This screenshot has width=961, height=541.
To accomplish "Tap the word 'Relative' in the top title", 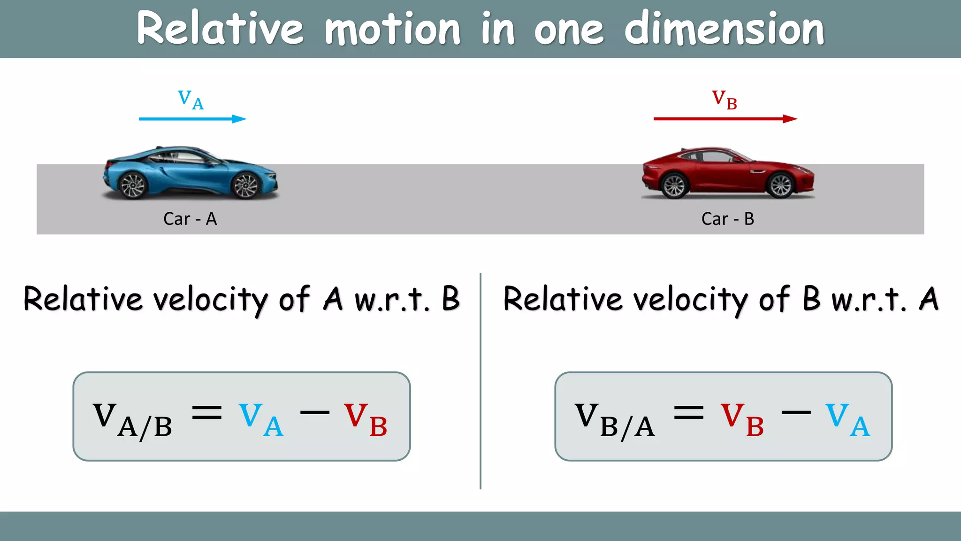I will pyautogui.click(x=220, y=29).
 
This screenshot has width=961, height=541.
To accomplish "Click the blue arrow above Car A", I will pyautogui.click(x=192, y=119).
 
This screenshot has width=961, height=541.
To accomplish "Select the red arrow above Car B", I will pyautogui.click(x=725, y=119).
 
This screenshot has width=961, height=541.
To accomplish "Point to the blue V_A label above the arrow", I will pyautogui.click(x=191, y=100).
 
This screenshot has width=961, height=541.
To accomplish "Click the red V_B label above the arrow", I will pyautogui.click(x=725, y=100).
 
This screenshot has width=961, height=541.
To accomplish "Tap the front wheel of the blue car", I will pyautogui.click(x=246, y=185).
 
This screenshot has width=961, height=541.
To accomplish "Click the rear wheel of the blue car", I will pyautogui.click(x=133, y=185).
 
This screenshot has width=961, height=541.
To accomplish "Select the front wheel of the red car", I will pyautogui.click(x=781, y=185).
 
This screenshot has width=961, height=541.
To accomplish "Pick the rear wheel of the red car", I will pyautogui.click(x=675, y=185).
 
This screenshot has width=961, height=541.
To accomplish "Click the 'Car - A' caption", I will pyautogui.click(x=190, y=219).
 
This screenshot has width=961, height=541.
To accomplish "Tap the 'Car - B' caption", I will pyautogui.click(x=727, y=219).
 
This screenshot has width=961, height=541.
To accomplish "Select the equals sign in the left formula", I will pyautogui.click(x=207, y=413).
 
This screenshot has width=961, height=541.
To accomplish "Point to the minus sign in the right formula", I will pyautogui.click(x=796, y=413).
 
